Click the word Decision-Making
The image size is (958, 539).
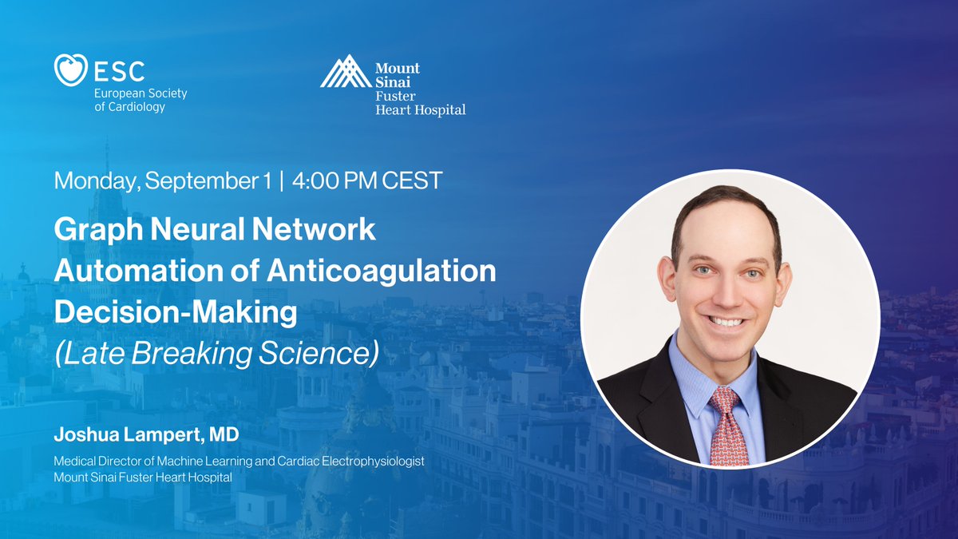coord(175,312)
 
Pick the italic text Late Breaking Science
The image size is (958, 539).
coord(216,353)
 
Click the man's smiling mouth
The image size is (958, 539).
coord(727,321)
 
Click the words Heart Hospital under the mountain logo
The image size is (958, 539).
coord(420,109)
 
